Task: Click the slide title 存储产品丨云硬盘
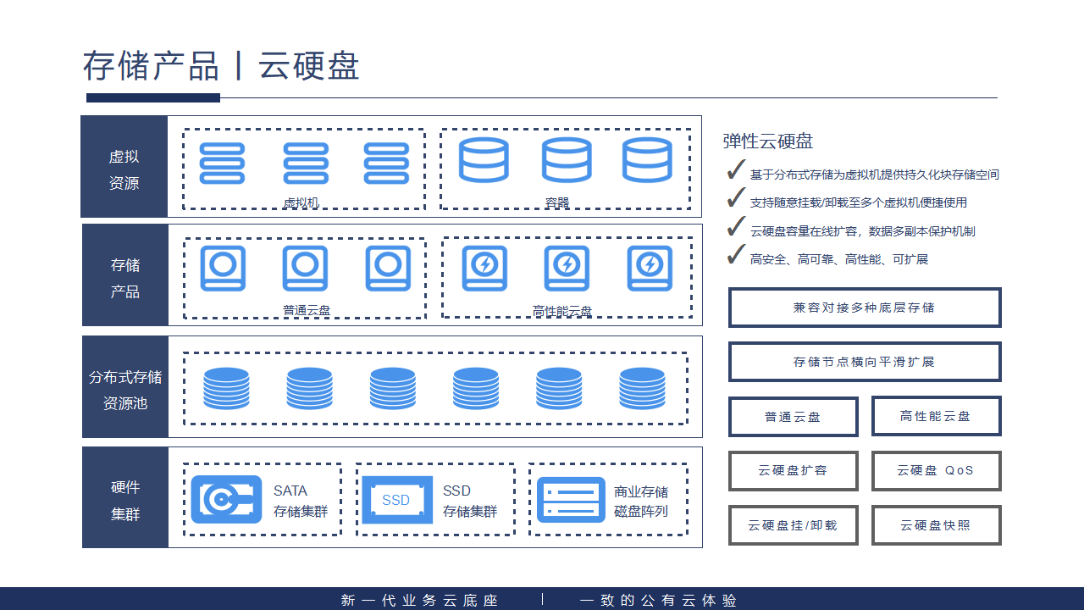click(x=221, y=66)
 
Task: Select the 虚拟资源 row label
click(x=124, y=169)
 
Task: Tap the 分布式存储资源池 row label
click(x=125, y=390)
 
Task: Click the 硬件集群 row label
click(x=125, y=500)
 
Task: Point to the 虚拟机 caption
click(x=301, y=202)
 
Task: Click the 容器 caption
click(x=557, y=202)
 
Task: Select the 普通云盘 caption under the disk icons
click(x=307, y=311)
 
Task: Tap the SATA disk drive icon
click(x=226, y=499)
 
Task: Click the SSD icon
click(x=396, y=500)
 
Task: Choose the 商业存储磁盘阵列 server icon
click(x=571, y=500)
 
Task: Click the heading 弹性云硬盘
click(x=768, y=141)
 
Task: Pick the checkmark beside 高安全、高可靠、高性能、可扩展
click(x=735, y=255)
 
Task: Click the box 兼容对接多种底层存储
click(x=864, y=308)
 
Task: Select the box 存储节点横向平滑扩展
click(x=864, y=362)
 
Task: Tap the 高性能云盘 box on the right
click(x=936, y=416)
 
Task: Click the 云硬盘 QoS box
click(x=936, y=470)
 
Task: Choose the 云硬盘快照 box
click(x=936, y=525)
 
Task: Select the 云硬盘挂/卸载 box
click(x=793, y=525)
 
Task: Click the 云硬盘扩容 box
click(x=793, y=470)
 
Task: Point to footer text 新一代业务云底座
click(x=420, y=601)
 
